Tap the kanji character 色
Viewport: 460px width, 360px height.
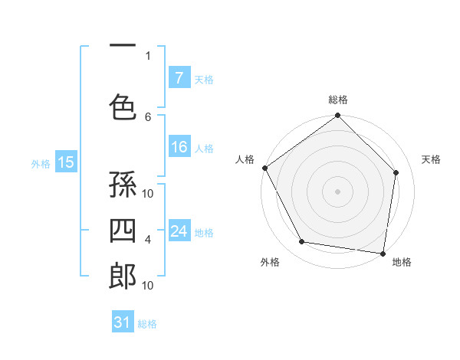122,108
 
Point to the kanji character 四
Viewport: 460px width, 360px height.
122,231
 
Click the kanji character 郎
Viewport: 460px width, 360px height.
122,277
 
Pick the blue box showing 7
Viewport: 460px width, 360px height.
179,77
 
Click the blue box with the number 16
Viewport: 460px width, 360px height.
179,147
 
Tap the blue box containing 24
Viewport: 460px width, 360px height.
179,231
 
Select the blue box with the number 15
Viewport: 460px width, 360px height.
65,162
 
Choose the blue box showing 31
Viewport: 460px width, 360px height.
123,322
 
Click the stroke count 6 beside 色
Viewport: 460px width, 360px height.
148,116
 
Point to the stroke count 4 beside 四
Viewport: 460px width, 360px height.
148,240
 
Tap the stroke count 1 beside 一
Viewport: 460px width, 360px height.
148,55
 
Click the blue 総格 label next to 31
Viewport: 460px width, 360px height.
147,324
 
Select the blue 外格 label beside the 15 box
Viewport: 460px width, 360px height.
41,163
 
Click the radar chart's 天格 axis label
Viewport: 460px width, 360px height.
431,159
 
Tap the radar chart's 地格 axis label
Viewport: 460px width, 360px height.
402,263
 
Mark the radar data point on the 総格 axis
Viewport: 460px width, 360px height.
337,116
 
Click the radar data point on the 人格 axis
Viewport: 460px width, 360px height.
265,168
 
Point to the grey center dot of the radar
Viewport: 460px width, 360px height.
337,191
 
